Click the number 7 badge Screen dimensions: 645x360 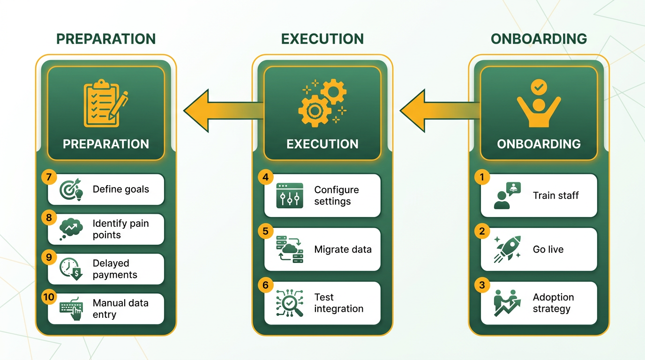[x=49, y=177]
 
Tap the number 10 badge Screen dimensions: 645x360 [x=49, y=297]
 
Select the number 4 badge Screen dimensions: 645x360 [x=265, y=177]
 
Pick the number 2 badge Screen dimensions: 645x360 [x=482, y=231]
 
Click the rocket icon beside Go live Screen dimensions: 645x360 [x=507, y=249]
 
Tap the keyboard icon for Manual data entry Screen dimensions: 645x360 [x=71, y=309]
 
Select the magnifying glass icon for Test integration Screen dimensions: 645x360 [x=290, y=303]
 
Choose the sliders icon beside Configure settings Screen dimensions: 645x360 [x=290, y=195]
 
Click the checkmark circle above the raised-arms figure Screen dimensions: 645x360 [x=539, y=87]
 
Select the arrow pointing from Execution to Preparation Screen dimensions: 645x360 [x=224, y=111]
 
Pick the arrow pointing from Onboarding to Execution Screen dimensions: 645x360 [x=440, y=111]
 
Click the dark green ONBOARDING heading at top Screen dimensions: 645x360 [x=539, y=39]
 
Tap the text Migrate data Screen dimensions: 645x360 [x=343, y=249]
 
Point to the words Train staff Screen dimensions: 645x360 [x=556, y=195]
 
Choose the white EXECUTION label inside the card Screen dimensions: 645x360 [x=322, y=144]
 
